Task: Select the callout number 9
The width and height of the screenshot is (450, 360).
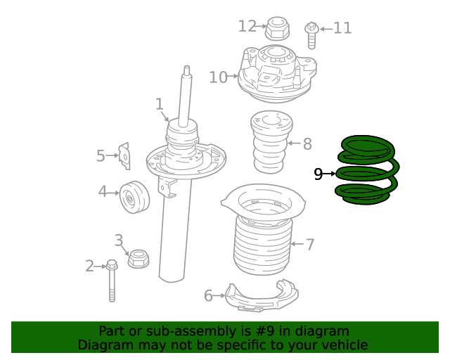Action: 318,174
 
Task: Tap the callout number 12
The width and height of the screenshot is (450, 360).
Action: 247,26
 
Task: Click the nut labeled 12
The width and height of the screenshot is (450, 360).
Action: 276,29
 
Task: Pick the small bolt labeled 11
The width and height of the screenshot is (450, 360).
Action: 310,34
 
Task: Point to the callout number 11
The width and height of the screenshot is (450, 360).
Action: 342,28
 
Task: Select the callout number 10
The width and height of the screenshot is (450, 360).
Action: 218,77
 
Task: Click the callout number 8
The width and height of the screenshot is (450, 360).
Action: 307,144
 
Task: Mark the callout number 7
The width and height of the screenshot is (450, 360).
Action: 309,245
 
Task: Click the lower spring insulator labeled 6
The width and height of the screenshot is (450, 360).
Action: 260,296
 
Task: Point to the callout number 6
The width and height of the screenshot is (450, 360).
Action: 208,296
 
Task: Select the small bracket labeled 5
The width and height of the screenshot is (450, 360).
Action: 124,155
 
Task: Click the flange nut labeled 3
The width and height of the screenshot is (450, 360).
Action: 138,258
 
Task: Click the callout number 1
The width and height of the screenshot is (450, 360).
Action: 160,105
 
